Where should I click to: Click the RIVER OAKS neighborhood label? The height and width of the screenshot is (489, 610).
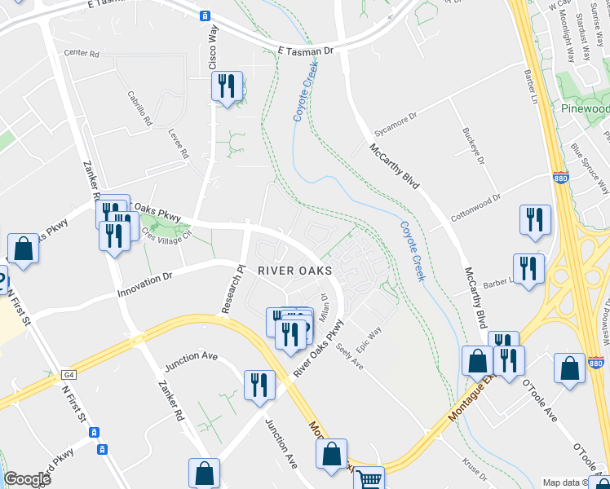pyautogui.click(x=295, y=270)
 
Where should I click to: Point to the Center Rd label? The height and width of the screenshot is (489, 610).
pyautogui.click(x=81, y=54)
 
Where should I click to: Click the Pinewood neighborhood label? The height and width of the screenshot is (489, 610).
pyautogui.click(x=585, y=108)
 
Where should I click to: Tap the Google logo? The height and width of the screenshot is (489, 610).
pyautogui.click(x=27, y=479)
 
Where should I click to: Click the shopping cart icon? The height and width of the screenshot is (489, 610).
pyautogui.click(x=369, y=478)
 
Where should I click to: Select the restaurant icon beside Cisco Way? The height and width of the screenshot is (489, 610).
pyautogui.click(x=226, y=86)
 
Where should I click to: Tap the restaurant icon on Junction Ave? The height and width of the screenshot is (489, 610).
pyautogui.click(x=259, y=385)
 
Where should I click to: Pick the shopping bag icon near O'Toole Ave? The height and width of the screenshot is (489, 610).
pyautogui.click(x=568, y=367)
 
